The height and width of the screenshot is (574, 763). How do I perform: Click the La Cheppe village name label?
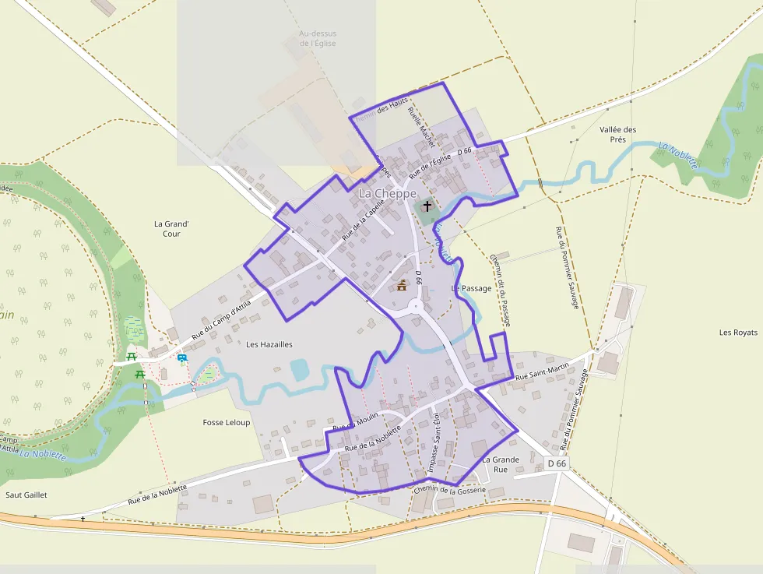[388, 193]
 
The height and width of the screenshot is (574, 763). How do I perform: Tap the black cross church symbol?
[427, 207]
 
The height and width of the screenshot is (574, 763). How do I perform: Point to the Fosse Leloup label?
[227, 422]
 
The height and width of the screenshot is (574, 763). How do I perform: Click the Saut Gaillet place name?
[26, 495]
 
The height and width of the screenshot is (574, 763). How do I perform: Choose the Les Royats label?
[738, 333]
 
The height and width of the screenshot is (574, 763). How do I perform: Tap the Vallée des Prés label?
[618, 135]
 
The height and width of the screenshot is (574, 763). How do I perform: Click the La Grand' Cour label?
[172, 228]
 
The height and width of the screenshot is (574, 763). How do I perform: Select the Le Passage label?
[472, 288]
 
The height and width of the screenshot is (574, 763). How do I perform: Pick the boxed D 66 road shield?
[557, 463]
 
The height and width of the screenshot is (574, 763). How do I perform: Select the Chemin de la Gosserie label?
[450, 490]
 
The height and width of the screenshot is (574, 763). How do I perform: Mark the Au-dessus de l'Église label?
[317, 38]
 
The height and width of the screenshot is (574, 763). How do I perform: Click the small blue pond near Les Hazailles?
[299, 369]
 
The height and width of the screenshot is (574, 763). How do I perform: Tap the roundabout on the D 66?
[417, 305]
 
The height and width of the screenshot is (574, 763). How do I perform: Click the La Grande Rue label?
[500, 464]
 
